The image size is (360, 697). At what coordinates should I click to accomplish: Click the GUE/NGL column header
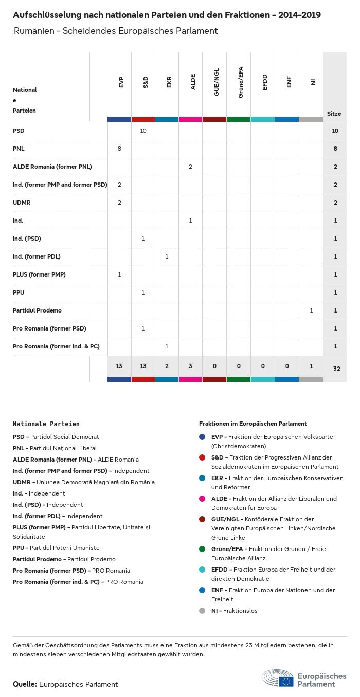click(217, 85)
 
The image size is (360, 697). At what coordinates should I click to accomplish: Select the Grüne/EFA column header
click(241, 82)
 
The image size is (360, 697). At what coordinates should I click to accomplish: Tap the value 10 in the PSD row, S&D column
click(143, 131)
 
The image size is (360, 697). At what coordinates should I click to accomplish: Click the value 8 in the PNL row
click(119, 149)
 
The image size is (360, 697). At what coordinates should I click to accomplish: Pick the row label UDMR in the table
click(22, 203)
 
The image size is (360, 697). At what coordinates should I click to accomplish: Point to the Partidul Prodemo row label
click(37, 310)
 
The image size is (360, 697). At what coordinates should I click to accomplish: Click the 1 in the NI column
click(311, 310)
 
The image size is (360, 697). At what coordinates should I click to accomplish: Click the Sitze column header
click(334, 114)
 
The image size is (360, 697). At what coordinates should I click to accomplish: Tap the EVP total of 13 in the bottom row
click(119, 366)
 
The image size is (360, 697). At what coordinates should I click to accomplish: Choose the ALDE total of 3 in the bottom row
click(191, 366)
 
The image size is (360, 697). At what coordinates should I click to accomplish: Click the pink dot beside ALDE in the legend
click(202, 499)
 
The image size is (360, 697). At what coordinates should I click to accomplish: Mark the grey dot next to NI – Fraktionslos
click(202, 611)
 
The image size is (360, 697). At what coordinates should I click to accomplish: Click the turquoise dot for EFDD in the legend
click(202, 570)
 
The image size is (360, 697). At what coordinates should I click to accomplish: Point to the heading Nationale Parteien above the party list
click(46, 424)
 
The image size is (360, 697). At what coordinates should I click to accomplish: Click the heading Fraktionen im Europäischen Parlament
click(253, 424)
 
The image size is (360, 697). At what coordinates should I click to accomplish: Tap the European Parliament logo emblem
click(278, 678)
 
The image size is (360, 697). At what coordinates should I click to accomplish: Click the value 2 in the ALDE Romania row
click(191, 167)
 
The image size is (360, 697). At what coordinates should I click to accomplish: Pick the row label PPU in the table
click(19, 292)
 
